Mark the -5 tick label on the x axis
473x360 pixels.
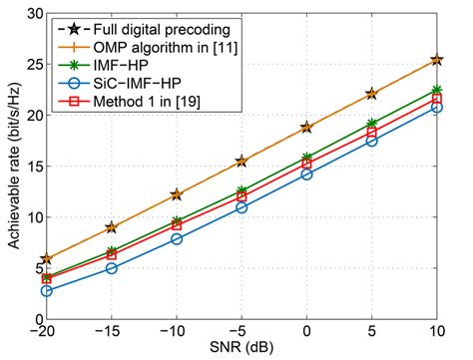240,332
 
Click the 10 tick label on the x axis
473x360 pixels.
436,332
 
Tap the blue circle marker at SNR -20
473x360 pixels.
46,290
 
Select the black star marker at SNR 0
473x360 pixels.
306,128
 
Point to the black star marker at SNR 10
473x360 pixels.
436,60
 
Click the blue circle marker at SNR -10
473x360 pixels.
177,238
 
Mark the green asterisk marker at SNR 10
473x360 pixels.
436,90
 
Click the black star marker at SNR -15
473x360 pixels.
111,227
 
